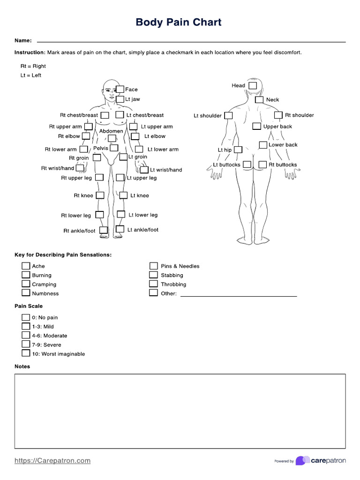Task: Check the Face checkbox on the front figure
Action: [x=120, y=89]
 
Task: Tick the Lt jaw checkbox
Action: [x=120, y=99]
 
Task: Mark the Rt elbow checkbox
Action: [x=86, y=136]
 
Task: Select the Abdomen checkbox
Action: [x=112, y=138]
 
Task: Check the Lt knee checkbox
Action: [x=123, y=195]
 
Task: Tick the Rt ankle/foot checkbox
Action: [x=103, y=230]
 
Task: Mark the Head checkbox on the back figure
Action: [x=253, y=86]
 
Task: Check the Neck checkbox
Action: [x=259, y=100]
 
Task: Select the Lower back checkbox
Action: [x=263, y=145]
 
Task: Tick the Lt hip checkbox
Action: [x=238, y=150]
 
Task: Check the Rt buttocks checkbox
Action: [x=262, y=165]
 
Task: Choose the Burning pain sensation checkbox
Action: [x=25, y=275]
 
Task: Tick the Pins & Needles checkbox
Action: [x=153, y=266]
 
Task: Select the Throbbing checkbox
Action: [x=153, y=284]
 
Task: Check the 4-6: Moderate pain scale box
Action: [x=25, y=336]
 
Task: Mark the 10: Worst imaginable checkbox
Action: [x=25, y=354]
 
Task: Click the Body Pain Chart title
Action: [x=178, y=22]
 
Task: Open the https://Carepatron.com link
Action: [x=52, y=461]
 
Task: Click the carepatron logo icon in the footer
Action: [x=302, y=461]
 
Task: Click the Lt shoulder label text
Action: [x=208, y=116]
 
